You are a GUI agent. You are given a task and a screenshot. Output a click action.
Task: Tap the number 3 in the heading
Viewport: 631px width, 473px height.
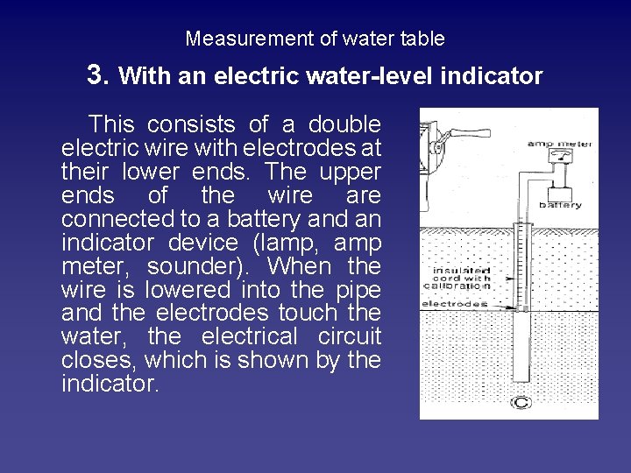click(x=97, y=74)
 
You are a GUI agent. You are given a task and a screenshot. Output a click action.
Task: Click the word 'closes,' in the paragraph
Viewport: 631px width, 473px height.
click(x=98, y=361)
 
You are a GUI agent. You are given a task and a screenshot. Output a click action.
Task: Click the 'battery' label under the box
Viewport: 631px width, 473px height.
click(x=560, y=206)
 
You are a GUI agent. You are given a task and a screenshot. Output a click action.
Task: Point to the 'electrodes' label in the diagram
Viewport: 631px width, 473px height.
click(x=454, y=304)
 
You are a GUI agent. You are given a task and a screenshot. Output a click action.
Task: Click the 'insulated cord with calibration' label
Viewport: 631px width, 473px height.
click(x=457, y=278)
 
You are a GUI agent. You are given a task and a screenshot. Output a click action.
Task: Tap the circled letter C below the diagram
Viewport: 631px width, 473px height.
click(x=521, y=402)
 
